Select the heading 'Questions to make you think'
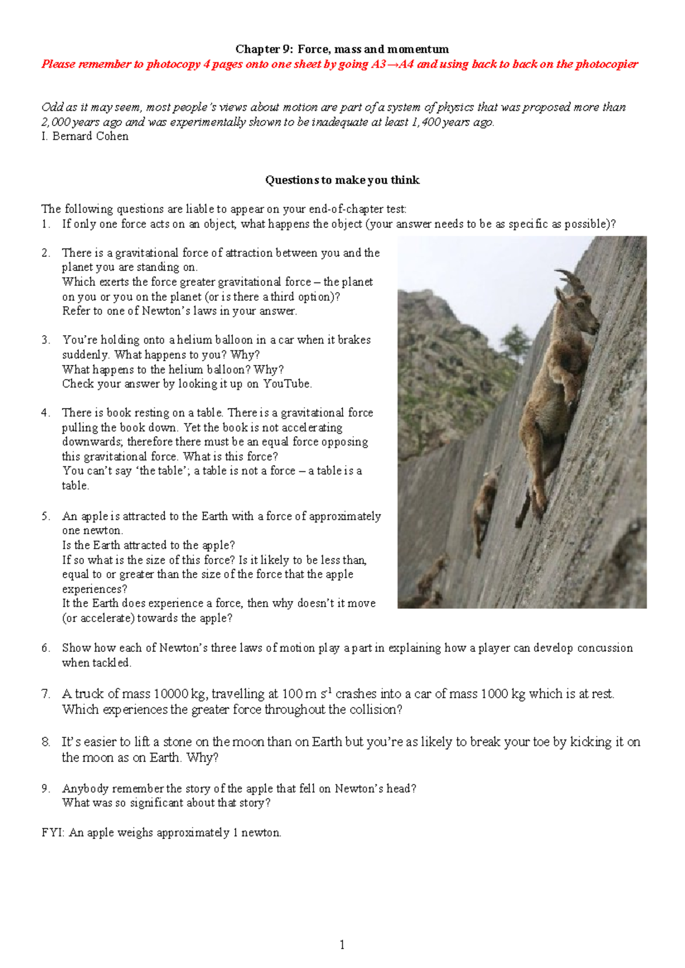[x=342, y=180]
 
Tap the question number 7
[x=46, y=694]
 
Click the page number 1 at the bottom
[x=342, y=945]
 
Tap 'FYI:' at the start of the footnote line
[x=54, y=833]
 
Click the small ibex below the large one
[x=485, y=502]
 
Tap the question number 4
[x=46, y=413]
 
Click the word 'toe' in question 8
[x=541, y=742]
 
